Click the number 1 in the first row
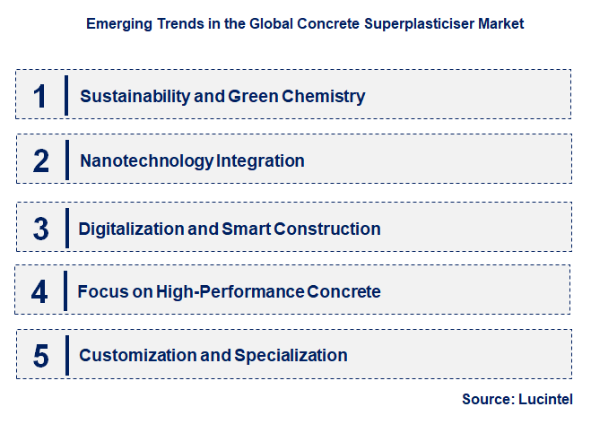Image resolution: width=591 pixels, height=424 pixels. (x=39, y=96)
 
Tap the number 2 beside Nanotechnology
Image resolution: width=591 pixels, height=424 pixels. (x=41, y=161)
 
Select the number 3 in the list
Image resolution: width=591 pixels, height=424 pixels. (x=41, y=229)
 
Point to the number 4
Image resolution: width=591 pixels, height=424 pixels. (x=39, y=291)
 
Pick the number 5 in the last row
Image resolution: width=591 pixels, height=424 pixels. (x=41, y=356)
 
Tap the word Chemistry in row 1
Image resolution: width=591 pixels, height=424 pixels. (x=324, y=96)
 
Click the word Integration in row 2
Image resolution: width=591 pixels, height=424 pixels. (x=261, y=161)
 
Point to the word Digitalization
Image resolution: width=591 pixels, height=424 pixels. (x=131, y=229)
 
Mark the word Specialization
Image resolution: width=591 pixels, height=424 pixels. (x=291, y=356)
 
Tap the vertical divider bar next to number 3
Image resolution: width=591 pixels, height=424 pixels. (x=66, y=229)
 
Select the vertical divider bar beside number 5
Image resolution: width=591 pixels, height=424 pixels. (x=66, y=356)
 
